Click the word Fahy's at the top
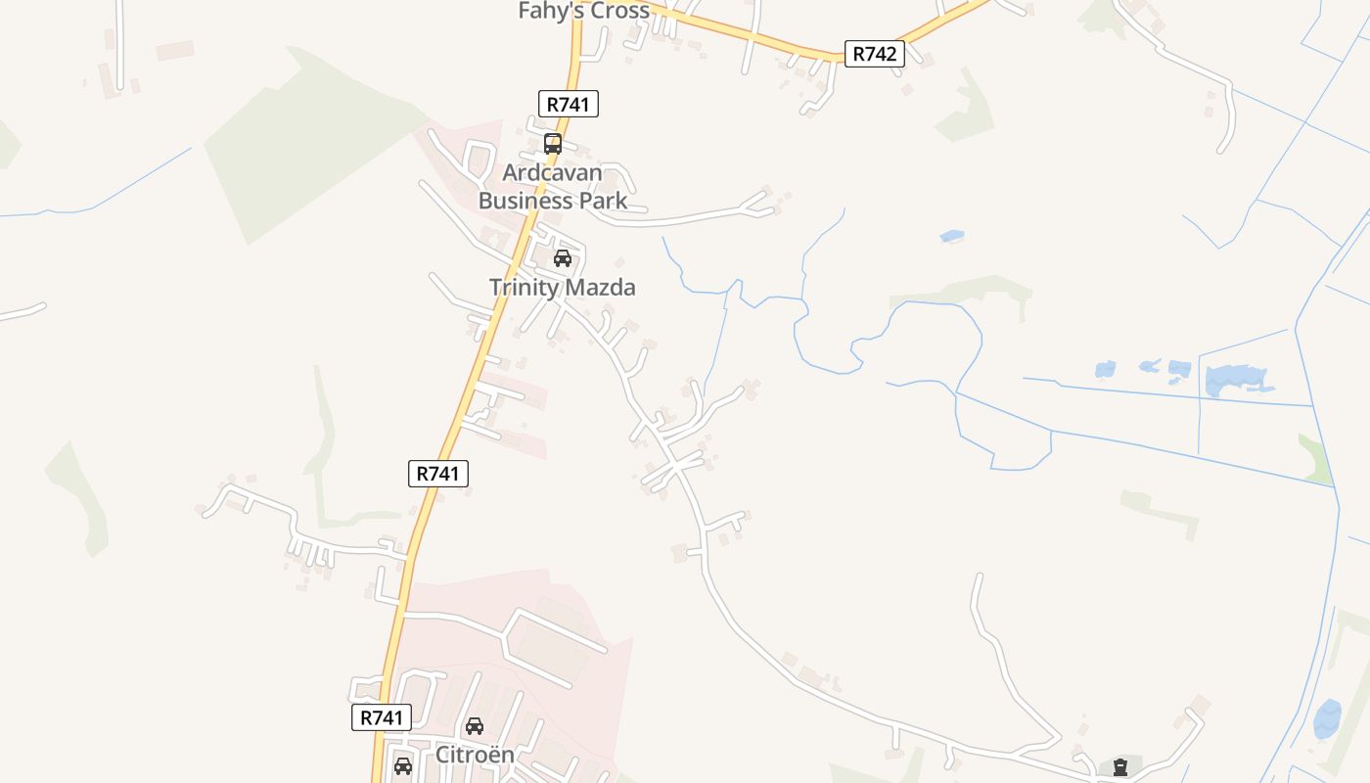pos(551,11)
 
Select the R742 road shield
pos(874,54)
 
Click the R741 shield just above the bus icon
pos(568,104)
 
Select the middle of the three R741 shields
pos(437,474)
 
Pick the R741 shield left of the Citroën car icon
pos(382,717)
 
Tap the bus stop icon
pos(552,144)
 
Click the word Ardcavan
pos(552,172)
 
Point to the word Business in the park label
pos(525,201)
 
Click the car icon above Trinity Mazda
pos(562,258)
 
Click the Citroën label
pos(474,755)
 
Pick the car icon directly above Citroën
pos(474,726)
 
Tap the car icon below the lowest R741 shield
pos(402,765)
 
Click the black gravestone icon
pos(1120,766)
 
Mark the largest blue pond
pos(1236,378)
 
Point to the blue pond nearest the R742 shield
pos(951,236)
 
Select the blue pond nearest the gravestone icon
pos(1328,719)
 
